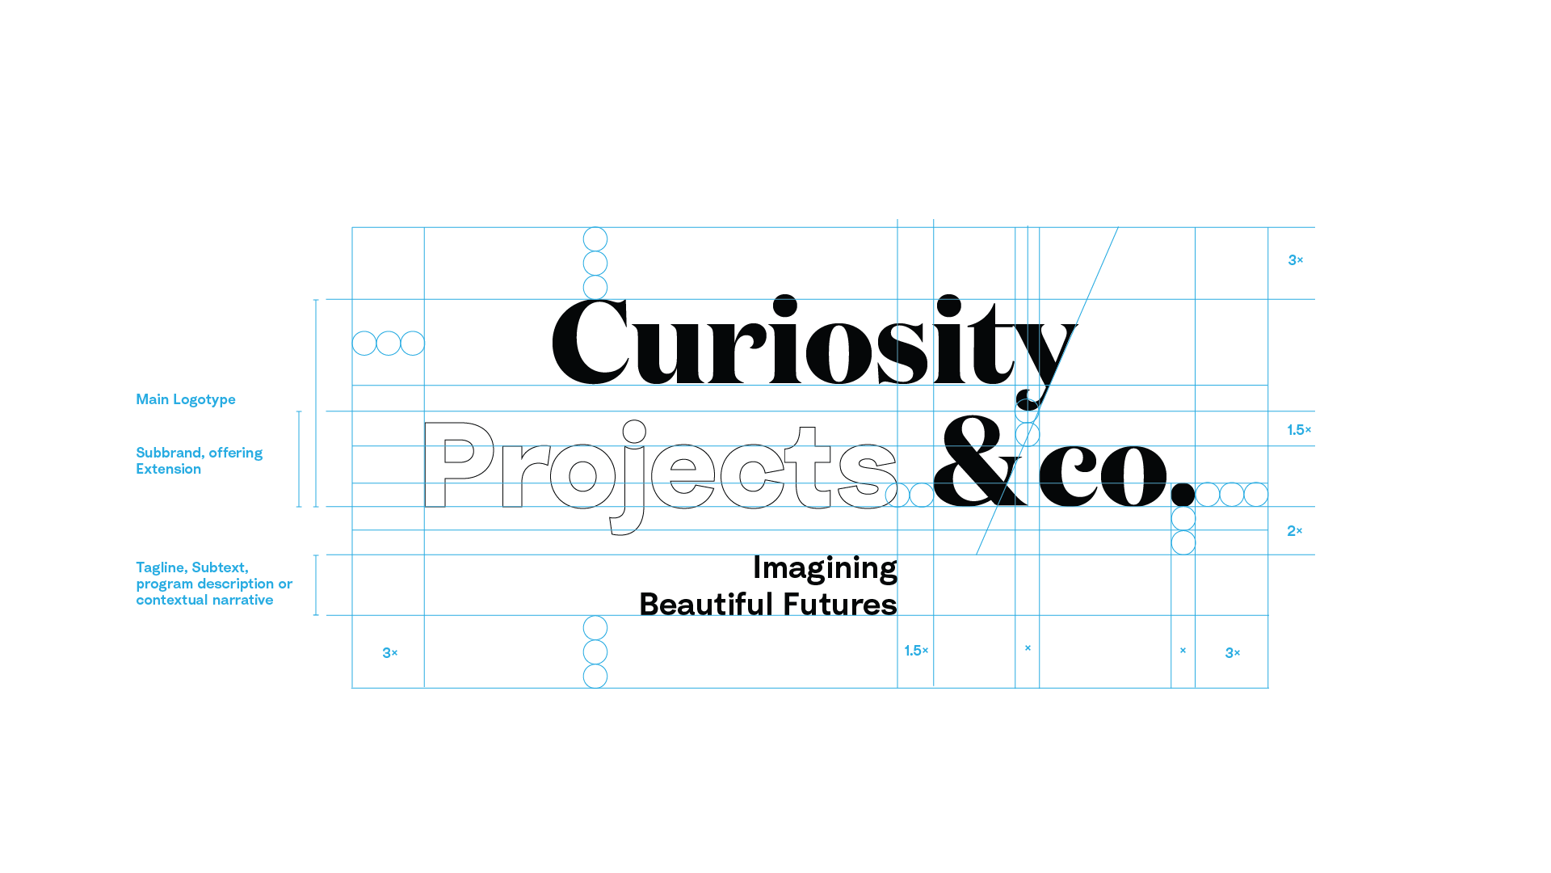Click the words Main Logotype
[x=186, y=399]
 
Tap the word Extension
[x=168, y=469]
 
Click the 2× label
[x=1294, y=531]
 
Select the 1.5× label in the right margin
[x=1298, y=430]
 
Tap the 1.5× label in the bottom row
[x=916, y=651]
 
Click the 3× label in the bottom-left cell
[x=389, y=653]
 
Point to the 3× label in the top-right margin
[x=1295, y=260]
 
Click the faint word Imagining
[x=824, y=569]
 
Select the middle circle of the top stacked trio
[x=595, y=264]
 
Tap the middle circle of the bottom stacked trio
[x=595, y=652]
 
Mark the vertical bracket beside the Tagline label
[x=316, y=585]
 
